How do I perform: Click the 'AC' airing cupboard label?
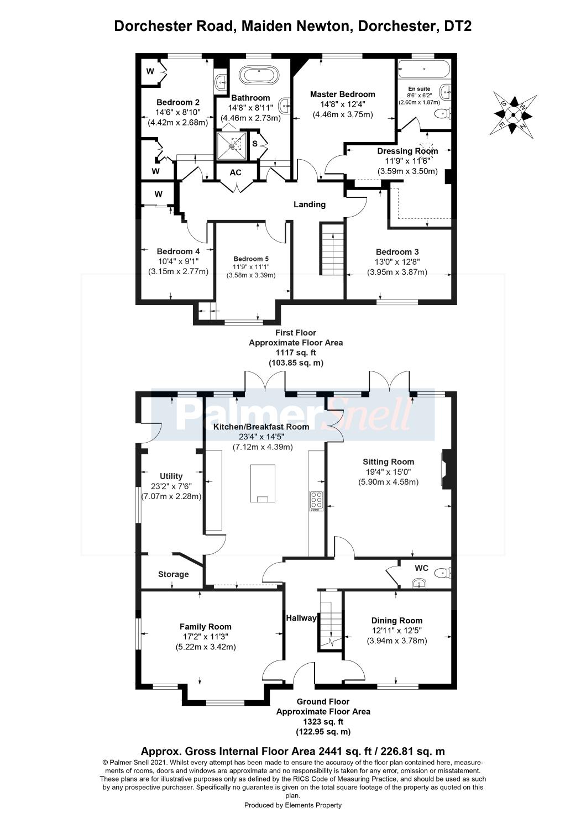(x=236, y=173)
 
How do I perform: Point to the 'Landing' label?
(x=309, y=204)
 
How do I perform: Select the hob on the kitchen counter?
(x=317, y=501)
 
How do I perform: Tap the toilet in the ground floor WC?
(x=443, y=574)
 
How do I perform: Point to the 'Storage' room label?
(x=173, y=574)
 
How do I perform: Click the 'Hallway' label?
(x=301, y=618)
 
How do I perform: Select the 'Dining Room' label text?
(x=397, y=621)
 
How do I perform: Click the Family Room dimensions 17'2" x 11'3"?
(x=206, y=637)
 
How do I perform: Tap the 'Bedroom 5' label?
(x=251, y=259)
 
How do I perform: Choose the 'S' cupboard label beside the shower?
(x=255, y=143)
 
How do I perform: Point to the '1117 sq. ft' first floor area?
(x=296, y=353)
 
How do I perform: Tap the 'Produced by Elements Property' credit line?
(x=293, y=805)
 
